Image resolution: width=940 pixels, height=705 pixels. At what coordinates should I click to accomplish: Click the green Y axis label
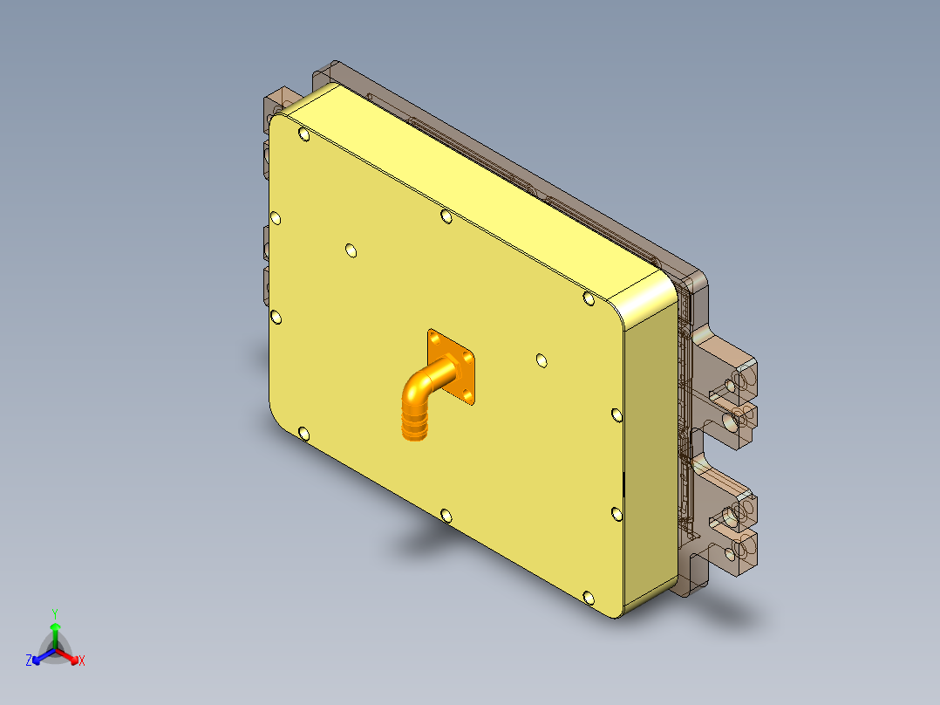pos(54,613)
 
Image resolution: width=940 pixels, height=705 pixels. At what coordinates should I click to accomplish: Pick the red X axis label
pos(82,661)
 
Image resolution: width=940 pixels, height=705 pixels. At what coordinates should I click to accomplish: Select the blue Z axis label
pos(29,661)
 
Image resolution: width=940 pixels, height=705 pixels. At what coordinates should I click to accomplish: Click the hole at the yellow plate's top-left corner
pos(303,134)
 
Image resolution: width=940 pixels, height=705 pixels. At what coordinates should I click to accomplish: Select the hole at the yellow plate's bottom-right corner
pos(589,598)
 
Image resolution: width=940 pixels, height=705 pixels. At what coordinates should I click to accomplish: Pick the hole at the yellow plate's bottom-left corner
pos(303,434)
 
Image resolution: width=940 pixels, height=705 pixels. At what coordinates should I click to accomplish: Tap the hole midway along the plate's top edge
pos(446,215)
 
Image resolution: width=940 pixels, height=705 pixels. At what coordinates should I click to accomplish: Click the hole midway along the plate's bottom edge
pos(446,516)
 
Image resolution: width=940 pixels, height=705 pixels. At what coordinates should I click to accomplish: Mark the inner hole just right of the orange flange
pos(542,359)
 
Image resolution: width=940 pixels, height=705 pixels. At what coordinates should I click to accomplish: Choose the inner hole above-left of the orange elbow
pos(351,251)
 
